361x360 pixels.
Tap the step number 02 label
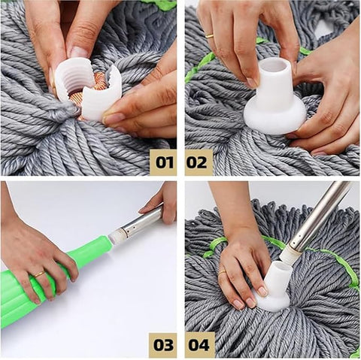(199, 162)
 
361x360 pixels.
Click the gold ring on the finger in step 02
(210, 35)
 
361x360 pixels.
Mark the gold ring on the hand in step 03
(38, 274)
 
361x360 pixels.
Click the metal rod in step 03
(143, 222)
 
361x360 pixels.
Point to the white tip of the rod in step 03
(117, 236)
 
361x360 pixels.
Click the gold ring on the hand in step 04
(223, 271)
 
